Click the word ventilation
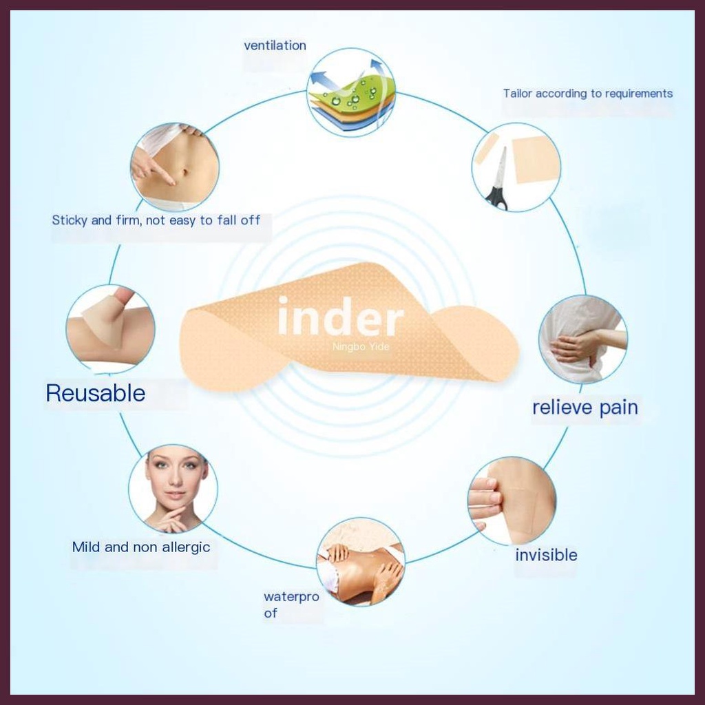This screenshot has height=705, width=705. [275, 45]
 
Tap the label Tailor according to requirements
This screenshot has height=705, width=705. [588, 94]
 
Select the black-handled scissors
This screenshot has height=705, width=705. [498, 179]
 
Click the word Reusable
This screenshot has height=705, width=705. [95, 393]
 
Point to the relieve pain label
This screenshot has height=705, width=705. [585, 408]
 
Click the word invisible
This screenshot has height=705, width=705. [546, 555]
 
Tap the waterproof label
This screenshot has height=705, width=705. [291, 604]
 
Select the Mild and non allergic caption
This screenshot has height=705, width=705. [141, 547]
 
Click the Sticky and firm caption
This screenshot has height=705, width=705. [156, 220]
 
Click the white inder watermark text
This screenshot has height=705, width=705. [340, 317]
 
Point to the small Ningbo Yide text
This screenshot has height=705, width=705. [361, 347]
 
